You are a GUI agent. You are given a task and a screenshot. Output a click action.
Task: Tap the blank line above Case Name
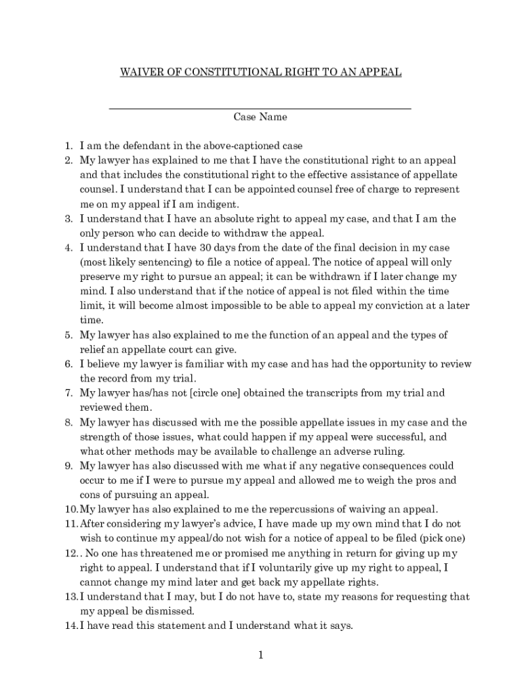pyautogui.click(x=260, y=108)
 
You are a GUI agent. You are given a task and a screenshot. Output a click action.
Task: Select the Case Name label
pyautogui.click(x=260, y=117)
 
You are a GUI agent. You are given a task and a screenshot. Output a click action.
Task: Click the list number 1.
pyautogui.click(x=68, y=146)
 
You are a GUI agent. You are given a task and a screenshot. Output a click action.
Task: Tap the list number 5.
pyautogui.click(x=68, y=335)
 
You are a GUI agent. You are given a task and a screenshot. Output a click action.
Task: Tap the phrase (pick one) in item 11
pyautogui.click(x=445, y=539)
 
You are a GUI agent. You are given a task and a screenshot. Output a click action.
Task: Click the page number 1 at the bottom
pyautogui.click(x=260, y=655)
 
